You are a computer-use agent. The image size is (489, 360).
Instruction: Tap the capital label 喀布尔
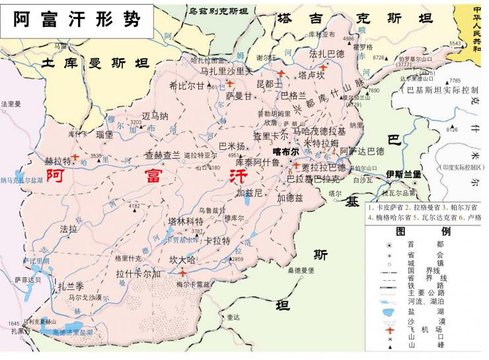[x=285, y=151]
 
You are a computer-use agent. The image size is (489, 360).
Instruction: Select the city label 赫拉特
[x=57, y=161]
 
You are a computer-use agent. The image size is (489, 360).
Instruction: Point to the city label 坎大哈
[x=182, y=260]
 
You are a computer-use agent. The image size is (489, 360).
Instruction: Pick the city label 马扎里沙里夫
[x=227, y=71]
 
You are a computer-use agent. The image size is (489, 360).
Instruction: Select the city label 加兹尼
[x=250, y=194]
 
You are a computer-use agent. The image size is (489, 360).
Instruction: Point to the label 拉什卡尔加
[x=138, y=273]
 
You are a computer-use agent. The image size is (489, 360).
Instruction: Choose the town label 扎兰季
[x=71, y=286]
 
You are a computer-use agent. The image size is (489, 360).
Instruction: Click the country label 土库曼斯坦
[x=94, y=63]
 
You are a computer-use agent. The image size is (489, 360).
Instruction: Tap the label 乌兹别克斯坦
[x=218, y=12]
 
